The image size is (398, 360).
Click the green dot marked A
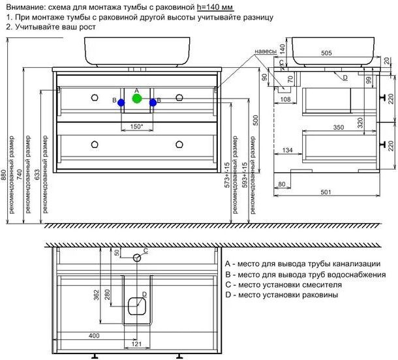[x=136, y=98]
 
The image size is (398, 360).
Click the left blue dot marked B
[x=121, y=102]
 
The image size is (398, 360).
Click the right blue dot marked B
[x=153, y=102]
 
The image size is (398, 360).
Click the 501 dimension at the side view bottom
[x=327, y=192]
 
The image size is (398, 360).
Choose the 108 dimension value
[x=284, y=100]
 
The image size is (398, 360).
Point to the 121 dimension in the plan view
[x=137, y=344]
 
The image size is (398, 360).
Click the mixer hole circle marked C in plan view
[x=137, y=258]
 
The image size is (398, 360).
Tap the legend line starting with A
[x=301, y=264]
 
